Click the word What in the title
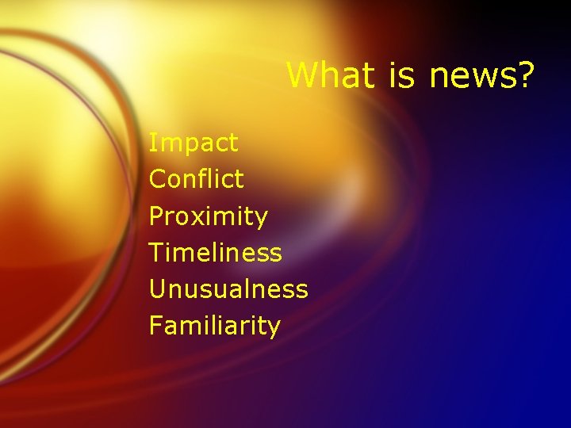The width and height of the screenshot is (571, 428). click(x=332, y=75)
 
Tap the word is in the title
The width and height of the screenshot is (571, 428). click(x=404, y=75)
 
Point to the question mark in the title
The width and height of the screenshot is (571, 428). click(x=525, y=75)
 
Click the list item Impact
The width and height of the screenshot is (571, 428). click(x=194, y=143)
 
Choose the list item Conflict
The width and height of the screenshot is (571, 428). click(x=197, y=179)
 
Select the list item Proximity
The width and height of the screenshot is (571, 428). click(x=209, y=216)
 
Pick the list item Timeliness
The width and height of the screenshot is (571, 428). click(x=215, y=253)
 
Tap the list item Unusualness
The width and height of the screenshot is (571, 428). click(x=228, y=289)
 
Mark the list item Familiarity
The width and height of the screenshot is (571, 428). click(x=214, y=326)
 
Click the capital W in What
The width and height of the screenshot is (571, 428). click(x=301, y=75)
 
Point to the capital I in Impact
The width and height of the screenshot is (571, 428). click(x=152, y=143)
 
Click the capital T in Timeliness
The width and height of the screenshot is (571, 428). click(x=156, y=253)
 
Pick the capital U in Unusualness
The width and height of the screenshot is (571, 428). click(x=157, y=289)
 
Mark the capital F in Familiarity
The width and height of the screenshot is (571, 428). click(x=156, y=325)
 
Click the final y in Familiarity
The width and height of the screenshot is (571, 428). click(x=274, y=328)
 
